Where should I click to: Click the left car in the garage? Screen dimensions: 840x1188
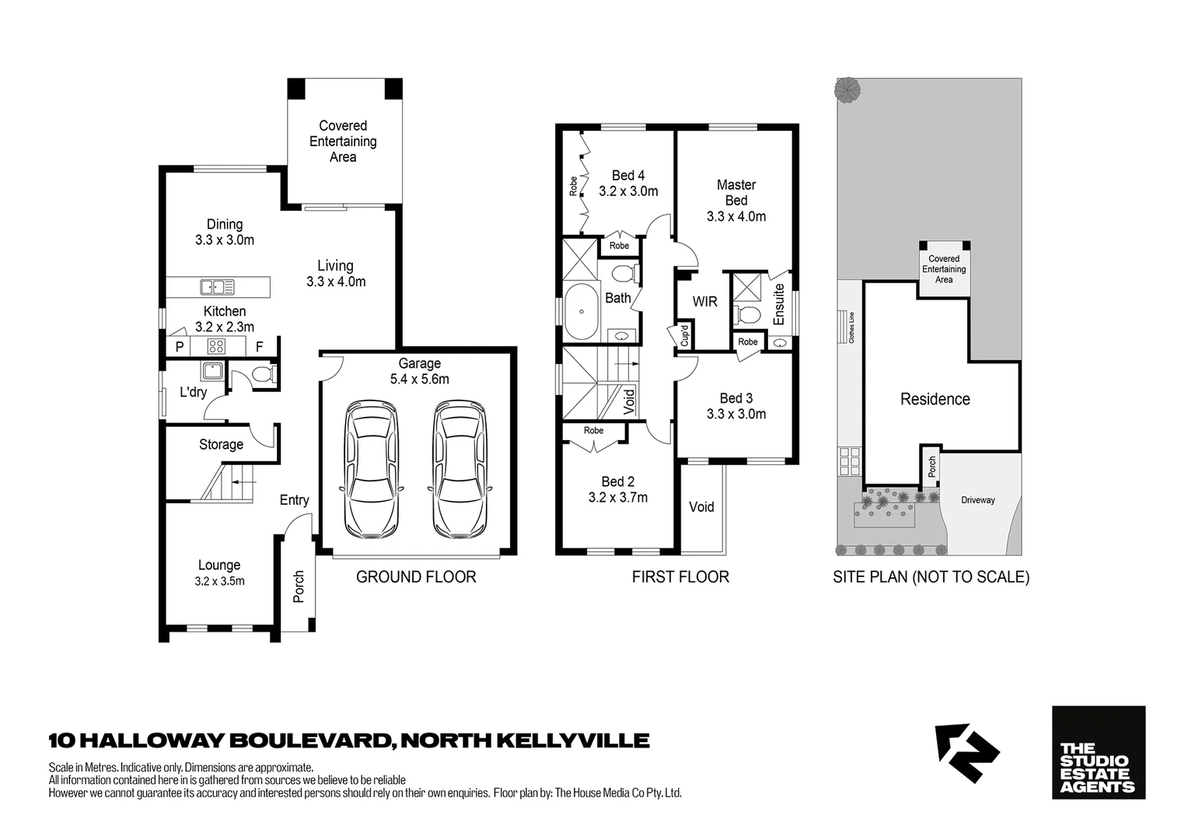tap(372, 469)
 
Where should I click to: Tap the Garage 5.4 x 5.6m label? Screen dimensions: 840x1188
tap(419, 371)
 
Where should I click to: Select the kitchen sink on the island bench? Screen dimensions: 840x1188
tap(217, 287)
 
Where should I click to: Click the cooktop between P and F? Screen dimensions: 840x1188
tap(216, 346)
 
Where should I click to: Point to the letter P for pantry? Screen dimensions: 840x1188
tap(180, 347)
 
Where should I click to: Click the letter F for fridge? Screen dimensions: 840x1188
tap(259, 347)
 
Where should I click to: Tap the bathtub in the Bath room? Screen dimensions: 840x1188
tap(581, 312)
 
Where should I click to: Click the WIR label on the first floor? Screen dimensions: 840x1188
tap(704, 302)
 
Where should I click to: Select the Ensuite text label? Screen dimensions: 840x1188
tap(779, 304)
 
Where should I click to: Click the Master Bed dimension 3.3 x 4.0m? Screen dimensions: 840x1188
tap(736, 216)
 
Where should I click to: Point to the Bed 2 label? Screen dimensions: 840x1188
tap(617, 481)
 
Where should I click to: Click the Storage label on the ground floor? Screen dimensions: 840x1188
tap(221, 444)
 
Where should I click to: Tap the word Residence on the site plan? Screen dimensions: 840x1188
tap(935, 399)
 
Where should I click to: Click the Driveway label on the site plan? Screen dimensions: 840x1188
tap(977, 500)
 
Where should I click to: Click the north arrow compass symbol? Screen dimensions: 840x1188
tap(966, 752)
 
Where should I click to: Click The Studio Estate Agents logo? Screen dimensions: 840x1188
tap(1098, 752)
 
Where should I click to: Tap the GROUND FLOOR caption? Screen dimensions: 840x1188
tap(416, 576)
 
